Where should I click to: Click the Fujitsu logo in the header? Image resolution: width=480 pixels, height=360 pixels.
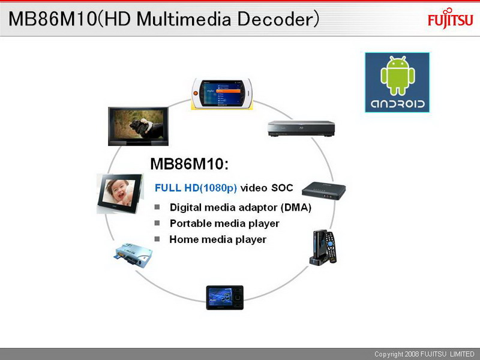[451, 19]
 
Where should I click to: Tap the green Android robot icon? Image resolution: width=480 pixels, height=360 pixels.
[398, 76]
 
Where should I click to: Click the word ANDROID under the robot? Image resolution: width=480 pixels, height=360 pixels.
[398, 104]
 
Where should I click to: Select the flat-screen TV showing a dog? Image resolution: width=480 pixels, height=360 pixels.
[139, 126]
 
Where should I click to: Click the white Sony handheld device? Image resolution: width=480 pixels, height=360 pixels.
[222, 94]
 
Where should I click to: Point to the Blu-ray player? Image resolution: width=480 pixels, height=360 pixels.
[301, 128]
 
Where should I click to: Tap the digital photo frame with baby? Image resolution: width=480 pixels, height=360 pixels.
[120, 193]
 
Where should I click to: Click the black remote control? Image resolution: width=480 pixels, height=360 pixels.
[331, 247]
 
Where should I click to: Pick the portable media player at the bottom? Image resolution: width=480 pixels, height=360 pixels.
[224, 298]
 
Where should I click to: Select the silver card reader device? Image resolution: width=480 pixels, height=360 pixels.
[133, 255]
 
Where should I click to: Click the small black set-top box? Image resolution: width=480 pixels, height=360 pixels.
[324, 191]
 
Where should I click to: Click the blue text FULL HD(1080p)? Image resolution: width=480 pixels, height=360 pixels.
[196, 188]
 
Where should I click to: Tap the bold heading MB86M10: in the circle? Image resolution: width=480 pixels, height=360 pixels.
[190, 164]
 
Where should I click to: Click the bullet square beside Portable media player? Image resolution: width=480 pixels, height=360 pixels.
[157, 223]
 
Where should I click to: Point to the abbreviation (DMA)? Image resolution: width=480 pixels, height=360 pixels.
[296, 208]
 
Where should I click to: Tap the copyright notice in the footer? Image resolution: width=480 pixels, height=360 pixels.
[424, 354]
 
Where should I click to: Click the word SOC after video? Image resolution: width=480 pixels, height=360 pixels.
[282, 188]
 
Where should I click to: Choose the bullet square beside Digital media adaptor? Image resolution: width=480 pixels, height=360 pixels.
[157, 207]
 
